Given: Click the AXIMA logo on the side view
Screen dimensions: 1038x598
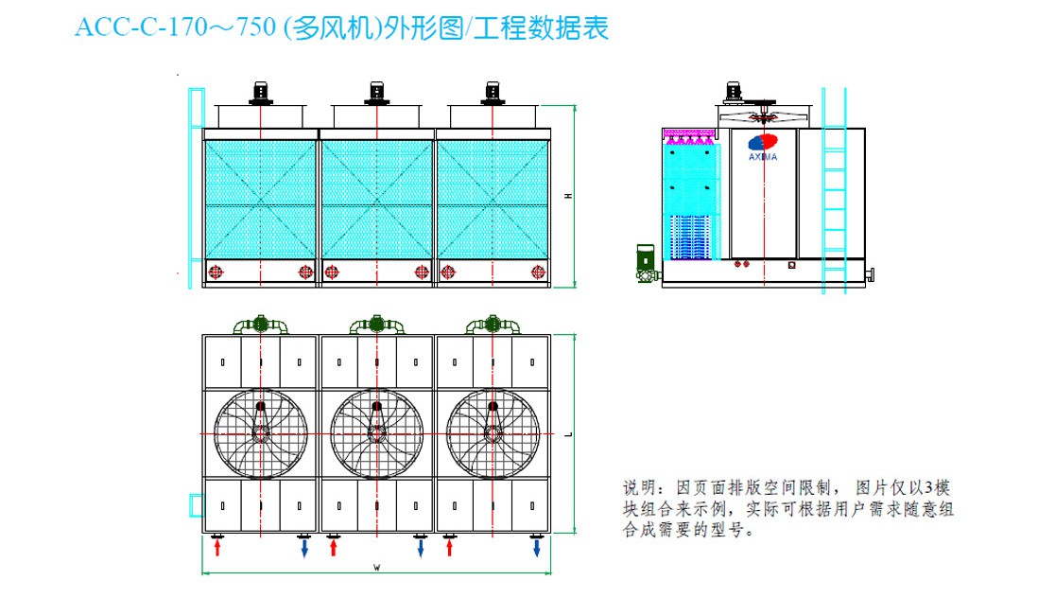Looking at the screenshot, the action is (x=763, y=147).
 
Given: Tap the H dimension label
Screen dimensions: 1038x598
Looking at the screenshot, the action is (x=568, y=196).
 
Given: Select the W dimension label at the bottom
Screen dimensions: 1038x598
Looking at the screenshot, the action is (x=376, y=568).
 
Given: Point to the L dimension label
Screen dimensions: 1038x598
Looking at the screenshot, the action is (x=569, y=434).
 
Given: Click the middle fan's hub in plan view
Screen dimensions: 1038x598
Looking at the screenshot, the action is (x=376, y=433).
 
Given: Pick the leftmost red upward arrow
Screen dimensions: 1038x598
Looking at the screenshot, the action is (x=216, y=547).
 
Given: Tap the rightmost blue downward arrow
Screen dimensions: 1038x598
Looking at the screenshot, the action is (x=537, y=547).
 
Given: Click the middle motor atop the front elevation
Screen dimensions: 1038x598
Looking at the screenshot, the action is (x=376, y=94).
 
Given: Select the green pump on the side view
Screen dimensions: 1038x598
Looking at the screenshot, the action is (x=646, y=263).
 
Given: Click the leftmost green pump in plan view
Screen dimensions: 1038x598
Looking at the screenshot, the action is (x=261, y=325).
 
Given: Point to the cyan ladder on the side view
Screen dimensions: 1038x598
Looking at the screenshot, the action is (x=834, y=191).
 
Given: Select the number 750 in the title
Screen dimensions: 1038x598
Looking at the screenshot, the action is (x=254, y=27).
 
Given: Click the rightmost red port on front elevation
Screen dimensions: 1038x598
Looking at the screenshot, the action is (x=538, y=273).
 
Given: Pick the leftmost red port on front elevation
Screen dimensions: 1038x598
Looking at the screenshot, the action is (x=216, y=273).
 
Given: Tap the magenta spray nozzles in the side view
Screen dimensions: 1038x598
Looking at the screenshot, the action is (x=689, y=135).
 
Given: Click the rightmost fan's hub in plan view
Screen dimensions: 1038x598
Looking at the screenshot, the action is (x=493, y=433).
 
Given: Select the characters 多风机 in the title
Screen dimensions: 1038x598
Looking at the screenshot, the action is (x=333, y=28).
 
